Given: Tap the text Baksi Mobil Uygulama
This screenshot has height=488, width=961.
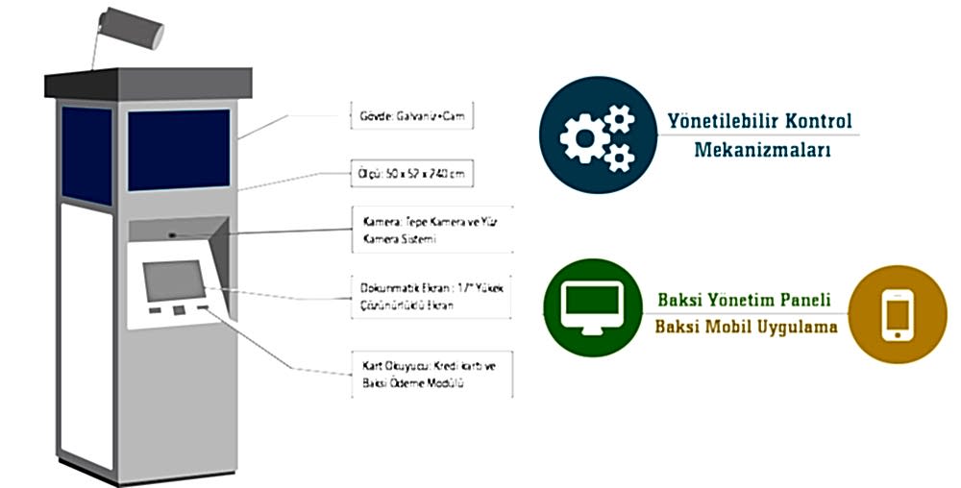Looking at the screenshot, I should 746,327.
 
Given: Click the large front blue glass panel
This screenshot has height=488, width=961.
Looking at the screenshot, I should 179,149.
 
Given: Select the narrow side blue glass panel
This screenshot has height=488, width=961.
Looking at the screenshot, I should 87,156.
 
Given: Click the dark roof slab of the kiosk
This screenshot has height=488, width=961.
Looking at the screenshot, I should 148,83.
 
